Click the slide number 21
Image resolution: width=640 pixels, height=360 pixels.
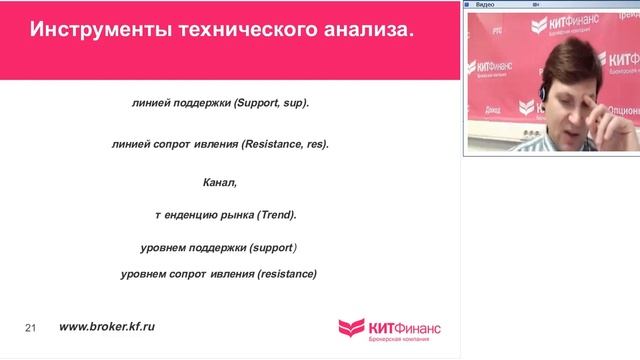pos(30,328)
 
